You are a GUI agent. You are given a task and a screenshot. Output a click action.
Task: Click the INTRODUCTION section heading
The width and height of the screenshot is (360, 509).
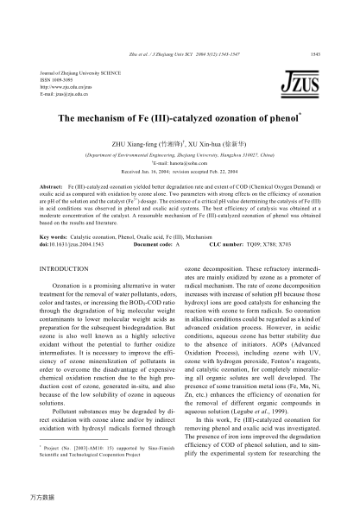71,270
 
